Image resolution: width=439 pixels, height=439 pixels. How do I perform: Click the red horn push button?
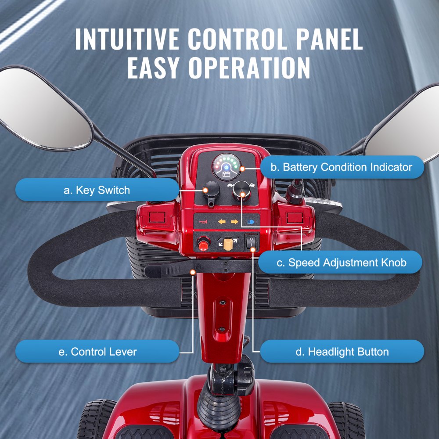click(203, 242)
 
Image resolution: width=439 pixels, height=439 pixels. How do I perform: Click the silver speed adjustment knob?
click(240, 191)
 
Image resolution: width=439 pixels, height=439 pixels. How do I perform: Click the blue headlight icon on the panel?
click(251, 222)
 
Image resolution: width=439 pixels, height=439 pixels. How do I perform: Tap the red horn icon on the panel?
click(203, 222)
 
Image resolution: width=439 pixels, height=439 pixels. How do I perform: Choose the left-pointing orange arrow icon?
click(222, 222)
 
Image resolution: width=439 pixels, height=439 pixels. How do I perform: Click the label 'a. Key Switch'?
click(97, 190)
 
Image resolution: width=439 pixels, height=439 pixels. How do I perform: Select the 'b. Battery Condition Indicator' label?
click(342, 167)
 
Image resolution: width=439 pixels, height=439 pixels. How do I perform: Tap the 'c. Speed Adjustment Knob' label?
click(341, 263)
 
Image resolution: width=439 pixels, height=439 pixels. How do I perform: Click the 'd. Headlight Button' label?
click(342, 352)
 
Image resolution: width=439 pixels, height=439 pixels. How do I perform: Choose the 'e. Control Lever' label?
click(97, 352)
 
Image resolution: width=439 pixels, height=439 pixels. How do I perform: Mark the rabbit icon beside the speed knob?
click(252, 187)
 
